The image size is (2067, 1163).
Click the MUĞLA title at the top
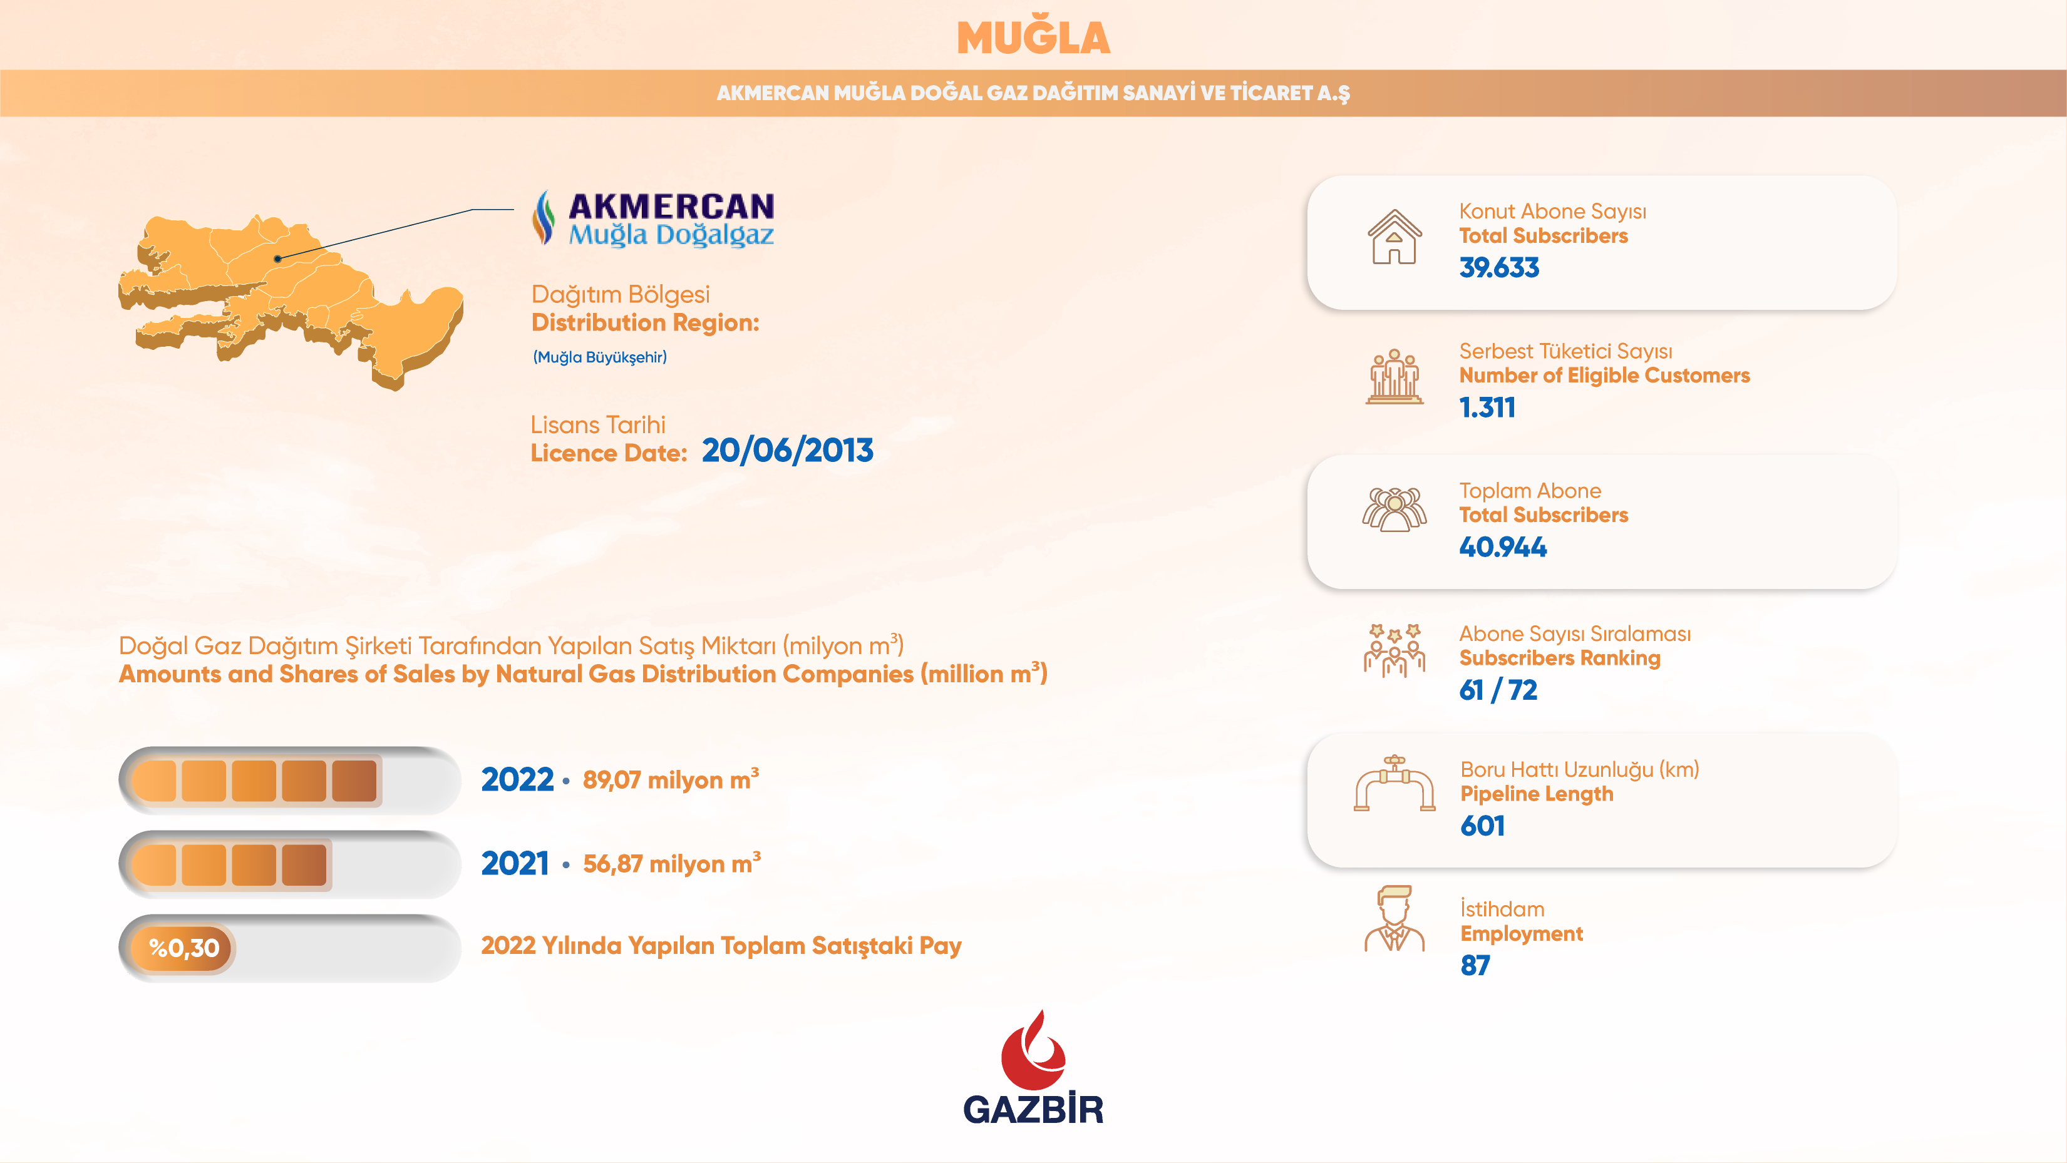coord(1033,38)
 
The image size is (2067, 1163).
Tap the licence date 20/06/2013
coord(787,451)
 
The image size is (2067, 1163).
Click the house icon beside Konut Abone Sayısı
coord(1394,237)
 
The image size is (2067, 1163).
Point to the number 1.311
coord(1487,407)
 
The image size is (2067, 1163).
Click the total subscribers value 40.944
coord(1503,547)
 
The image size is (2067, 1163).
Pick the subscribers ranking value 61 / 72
coord(1498,690)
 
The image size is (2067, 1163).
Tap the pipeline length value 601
coord(1482,826)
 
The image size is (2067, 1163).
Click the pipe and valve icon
coord(1394,784)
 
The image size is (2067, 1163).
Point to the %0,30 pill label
coord(183,948)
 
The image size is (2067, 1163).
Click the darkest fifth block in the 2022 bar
coord(354,781)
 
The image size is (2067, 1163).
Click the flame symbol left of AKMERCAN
coord(544,217)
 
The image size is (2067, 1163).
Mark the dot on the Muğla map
coord(277,259)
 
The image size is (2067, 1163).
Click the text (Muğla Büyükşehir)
coord(599,357)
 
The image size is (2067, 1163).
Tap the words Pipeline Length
coord(1537,794)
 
